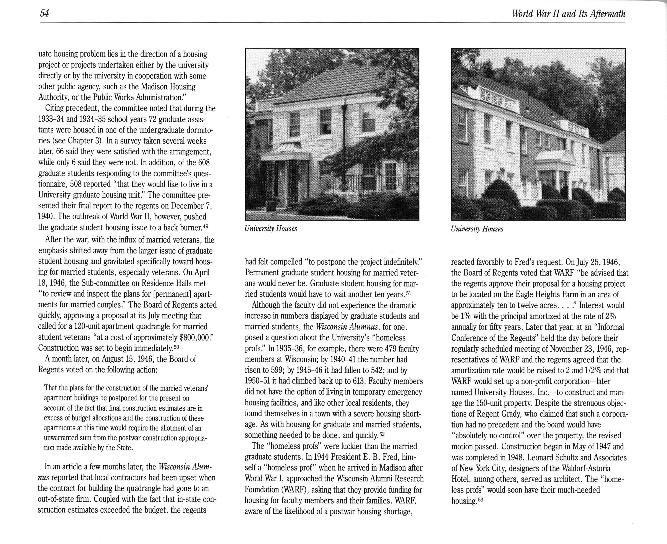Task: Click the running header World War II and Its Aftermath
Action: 569,14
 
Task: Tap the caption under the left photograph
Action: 271,229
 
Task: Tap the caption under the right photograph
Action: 477,229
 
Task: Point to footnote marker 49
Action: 205,226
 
